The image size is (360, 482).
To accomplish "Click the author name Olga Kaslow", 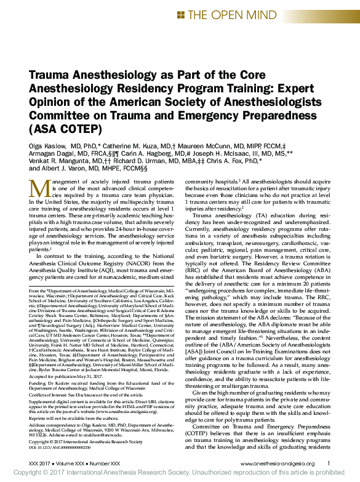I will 50,145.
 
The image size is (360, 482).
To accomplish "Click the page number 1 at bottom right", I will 329,464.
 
